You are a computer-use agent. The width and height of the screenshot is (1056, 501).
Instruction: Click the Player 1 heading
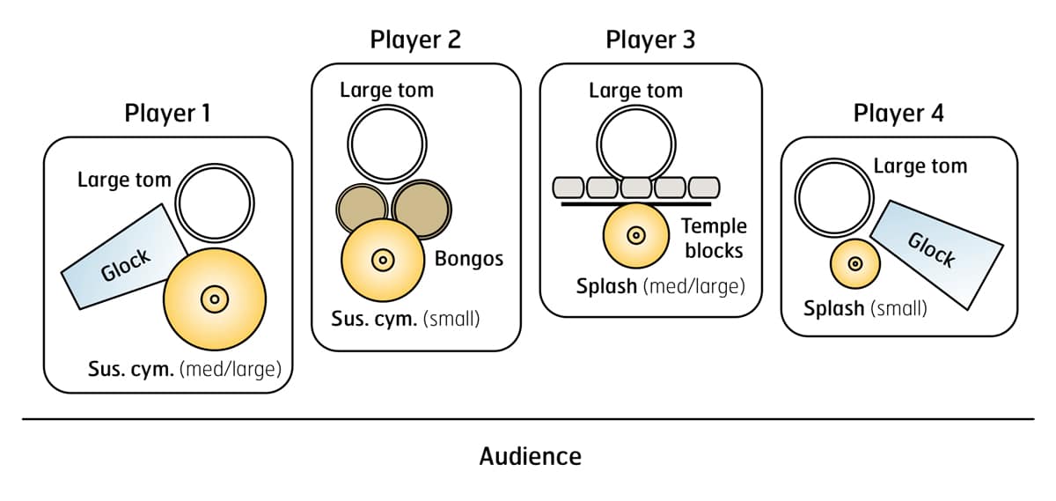tap(167, 114)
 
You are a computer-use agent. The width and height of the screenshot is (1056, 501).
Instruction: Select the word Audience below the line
tap(530, 456)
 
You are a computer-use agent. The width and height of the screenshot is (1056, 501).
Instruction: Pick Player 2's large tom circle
tap(386, 144)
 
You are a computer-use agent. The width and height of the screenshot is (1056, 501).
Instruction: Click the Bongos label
tap(469, 259)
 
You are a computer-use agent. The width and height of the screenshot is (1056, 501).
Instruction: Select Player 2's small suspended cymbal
tap(383, 260)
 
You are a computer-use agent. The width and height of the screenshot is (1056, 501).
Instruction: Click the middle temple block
tap(636, 188)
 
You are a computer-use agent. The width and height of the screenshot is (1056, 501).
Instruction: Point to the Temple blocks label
tap(712, 239)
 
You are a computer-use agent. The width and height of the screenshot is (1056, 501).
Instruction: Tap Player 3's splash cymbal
tap(636, 236)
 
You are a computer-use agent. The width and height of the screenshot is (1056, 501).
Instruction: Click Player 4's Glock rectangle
tap(937, 254)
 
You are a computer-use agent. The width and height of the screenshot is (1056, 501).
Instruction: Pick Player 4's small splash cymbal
tap(852, 263)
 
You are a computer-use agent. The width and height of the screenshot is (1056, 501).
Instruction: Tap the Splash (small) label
tap(865, 309)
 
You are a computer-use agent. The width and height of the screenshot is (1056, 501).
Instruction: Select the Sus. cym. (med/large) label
tap(185, 369)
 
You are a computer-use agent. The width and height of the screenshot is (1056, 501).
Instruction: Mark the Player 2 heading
tap(415, 40)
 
